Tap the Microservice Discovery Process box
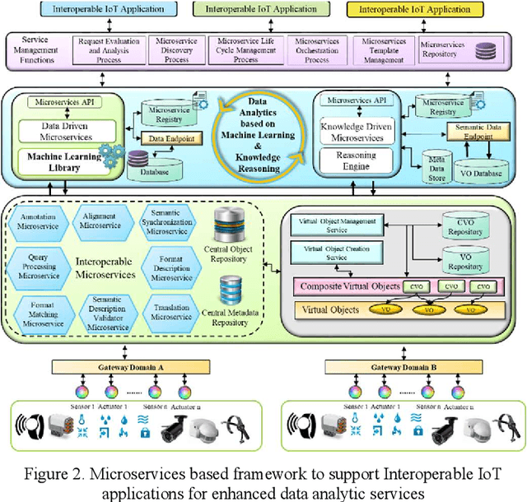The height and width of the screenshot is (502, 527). [x=175, y=50]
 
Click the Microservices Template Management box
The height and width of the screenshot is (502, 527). [x=385, y=50]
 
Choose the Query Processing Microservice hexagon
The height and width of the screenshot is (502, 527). [x=38, y=267]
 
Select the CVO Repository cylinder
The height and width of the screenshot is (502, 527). [x=463, y=226]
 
